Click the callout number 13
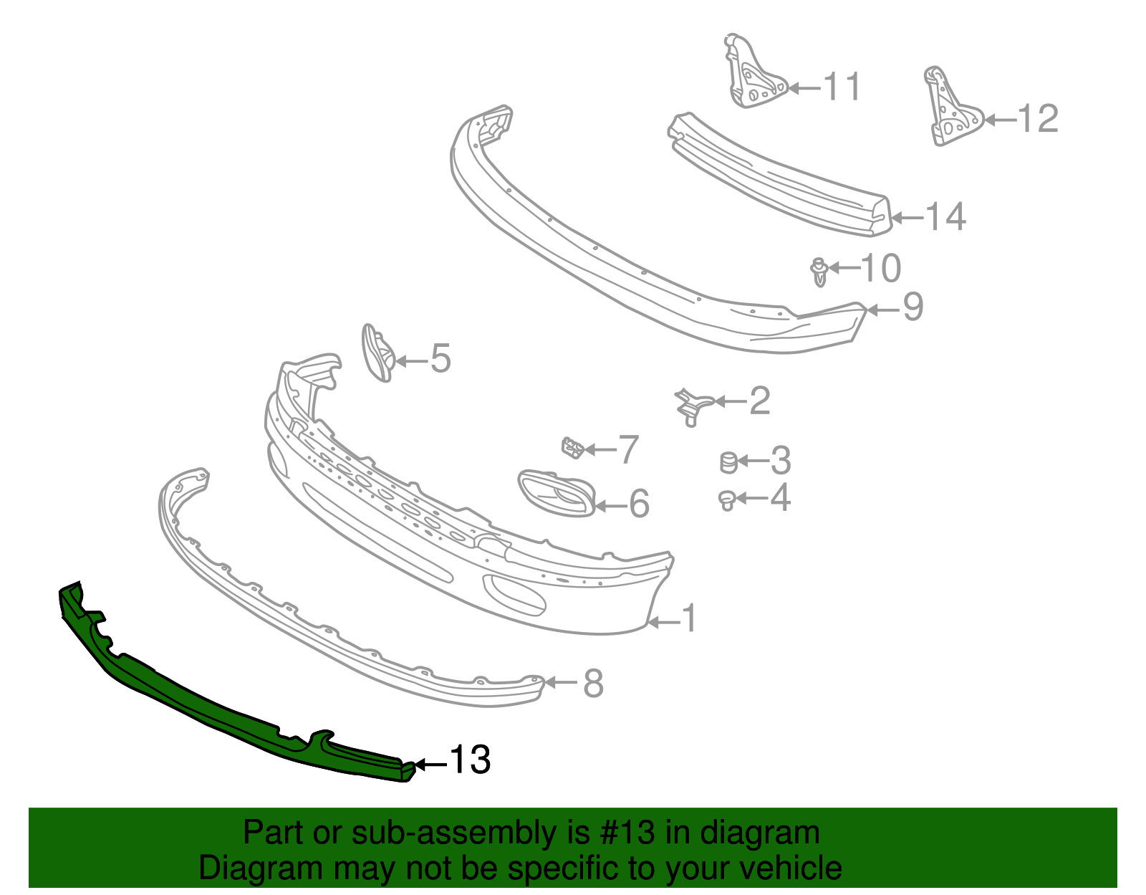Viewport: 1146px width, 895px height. [470, 760]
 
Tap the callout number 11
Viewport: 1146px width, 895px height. [842, 87]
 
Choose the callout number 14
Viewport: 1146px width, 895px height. [945, 216]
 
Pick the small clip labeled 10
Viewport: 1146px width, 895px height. [819, 272]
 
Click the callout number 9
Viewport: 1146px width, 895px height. [913, 307]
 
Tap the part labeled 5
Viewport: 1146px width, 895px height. [378, 353]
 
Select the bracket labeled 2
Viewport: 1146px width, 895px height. [693, 406]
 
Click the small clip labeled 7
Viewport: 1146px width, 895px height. [573, 448]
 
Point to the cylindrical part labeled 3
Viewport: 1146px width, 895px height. [728, 462]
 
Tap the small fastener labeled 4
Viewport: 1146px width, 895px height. [727, 500]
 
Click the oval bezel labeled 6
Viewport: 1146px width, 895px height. [557, 493]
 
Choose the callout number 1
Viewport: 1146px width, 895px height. [688, 618]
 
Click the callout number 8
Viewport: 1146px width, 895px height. [593, 683]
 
